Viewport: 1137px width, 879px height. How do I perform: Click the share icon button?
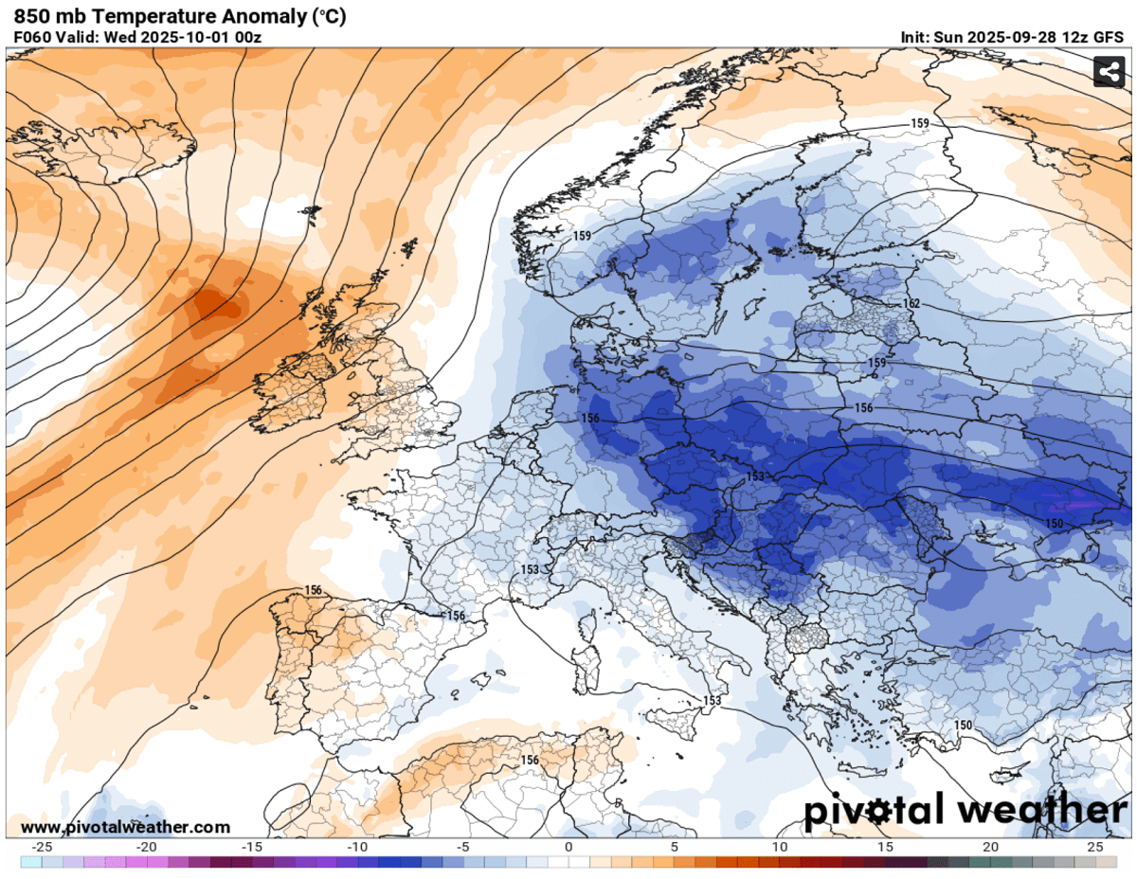coord(1108,72)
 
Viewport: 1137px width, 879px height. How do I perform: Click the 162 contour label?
coord(911,304)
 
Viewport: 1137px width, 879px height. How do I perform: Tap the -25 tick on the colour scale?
coord(42,846)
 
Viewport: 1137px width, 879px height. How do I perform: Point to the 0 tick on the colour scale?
coord(568,846)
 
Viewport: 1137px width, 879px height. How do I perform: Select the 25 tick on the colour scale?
coord(1095,846)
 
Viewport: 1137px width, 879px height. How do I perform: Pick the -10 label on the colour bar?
coord(357,846)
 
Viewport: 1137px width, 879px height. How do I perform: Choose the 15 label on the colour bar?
coord(885,846)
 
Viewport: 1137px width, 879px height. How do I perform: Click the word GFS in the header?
coord(1108,37)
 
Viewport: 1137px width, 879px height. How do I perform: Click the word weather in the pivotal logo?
coord(1042,812)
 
